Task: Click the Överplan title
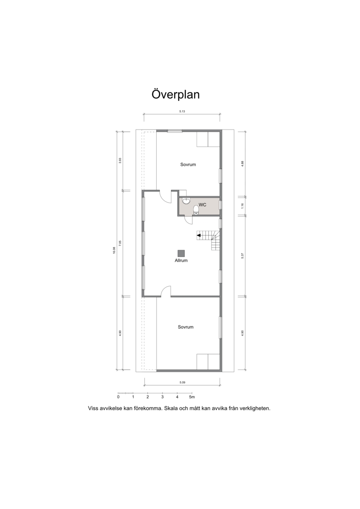(175, 95)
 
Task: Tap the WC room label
(202, 205)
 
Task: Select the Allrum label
(181, 260)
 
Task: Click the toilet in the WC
(196, 210)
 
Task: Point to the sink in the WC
(186, 201)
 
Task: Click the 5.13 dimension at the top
(182, 111)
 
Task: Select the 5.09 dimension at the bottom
(182, 383)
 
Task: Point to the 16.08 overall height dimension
(114, 250)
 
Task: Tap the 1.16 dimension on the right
(243, 206)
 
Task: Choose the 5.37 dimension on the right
(243, 256)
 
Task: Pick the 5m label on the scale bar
(192, 397)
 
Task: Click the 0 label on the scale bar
(118, 397)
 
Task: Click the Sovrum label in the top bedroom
(188, 165)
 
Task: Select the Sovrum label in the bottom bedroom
(186, 327)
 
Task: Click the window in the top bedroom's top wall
(175, 131)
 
